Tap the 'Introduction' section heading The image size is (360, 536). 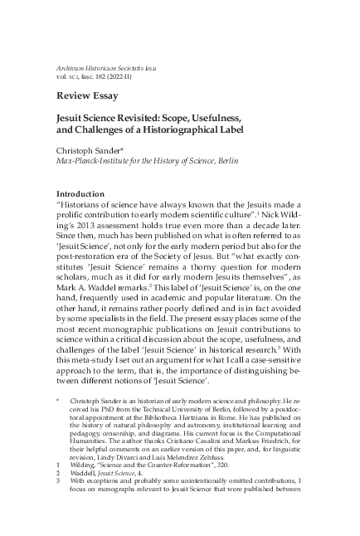point(86,193)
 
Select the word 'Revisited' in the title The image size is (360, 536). point(148,119)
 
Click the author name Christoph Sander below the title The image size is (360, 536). point(95,152)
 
